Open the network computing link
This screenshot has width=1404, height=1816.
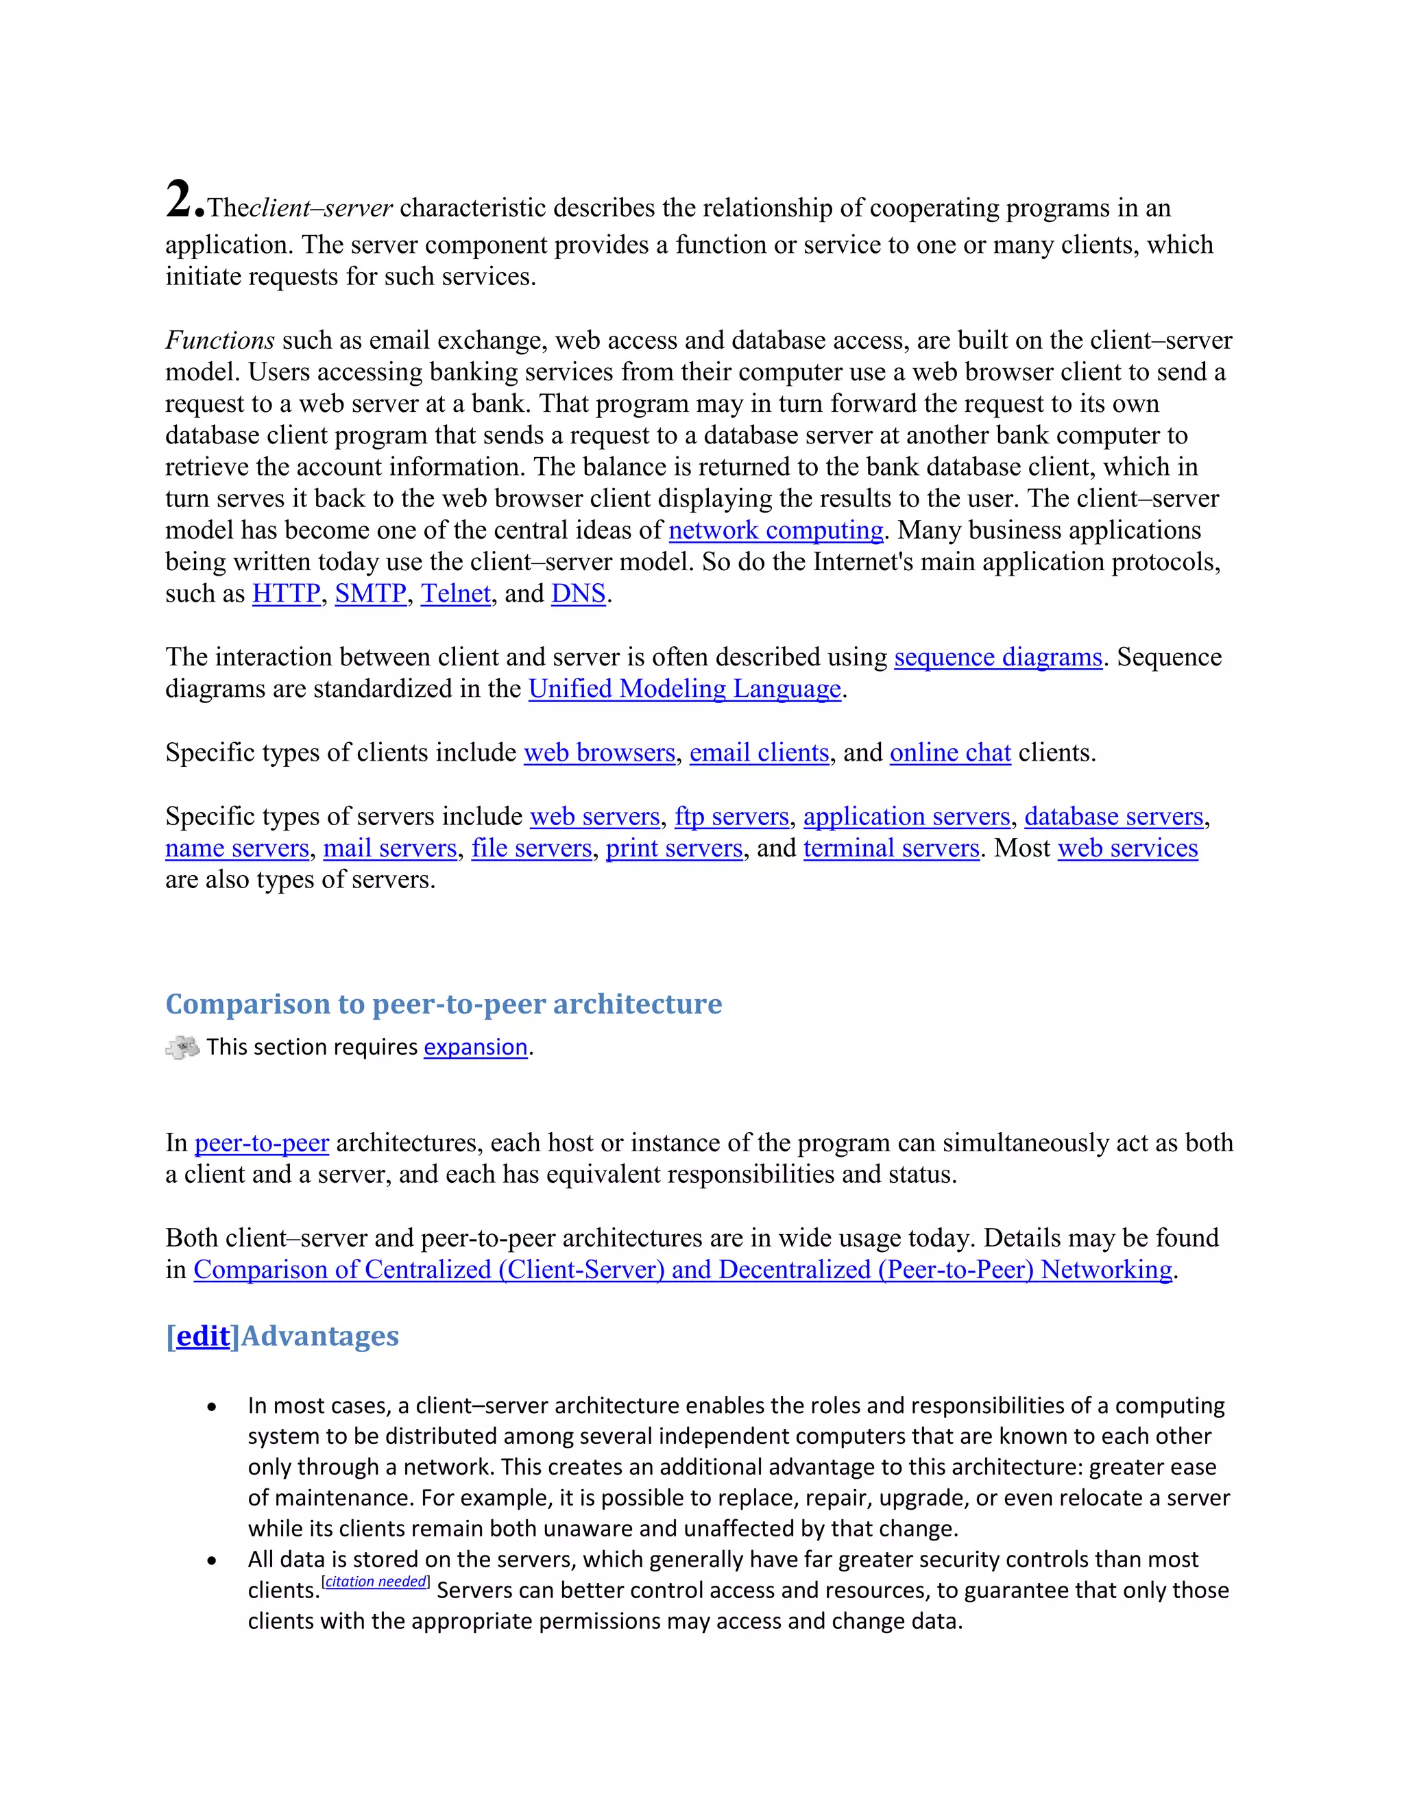coord(775,530)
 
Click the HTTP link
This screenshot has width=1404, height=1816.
coord(286,593)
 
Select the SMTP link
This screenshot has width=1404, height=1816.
coord(370,593)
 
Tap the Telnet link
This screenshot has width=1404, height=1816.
coord(456,593)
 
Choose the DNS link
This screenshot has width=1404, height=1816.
coord(578,593)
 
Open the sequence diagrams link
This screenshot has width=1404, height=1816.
coord(997,658)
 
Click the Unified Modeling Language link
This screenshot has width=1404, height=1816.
coord(685,689)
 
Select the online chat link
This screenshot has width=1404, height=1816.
coord(950,752)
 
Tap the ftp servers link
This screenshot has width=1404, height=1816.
coord(731,817)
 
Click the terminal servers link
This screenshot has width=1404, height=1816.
coord(891,848)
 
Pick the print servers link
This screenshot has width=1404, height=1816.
coord(674,848)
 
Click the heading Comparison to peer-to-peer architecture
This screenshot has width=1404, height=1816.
coord(444,1004)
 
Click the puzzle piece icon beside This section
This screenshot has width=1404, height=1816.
coord(182,1047)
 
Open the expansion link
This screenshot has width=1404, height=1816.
coord(476,1048)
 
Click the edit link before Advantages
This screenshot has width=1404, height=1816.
coord(202,1336)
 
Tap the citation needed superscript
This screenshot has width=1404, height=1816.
coord(376,1582)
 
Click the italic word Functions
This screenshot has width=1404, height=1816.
coord(219,340)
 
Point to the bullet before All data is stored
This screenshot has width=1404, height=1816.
coord(212,1560)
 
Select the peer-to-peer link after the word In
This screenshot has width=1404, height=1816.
coord(261,1143)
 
